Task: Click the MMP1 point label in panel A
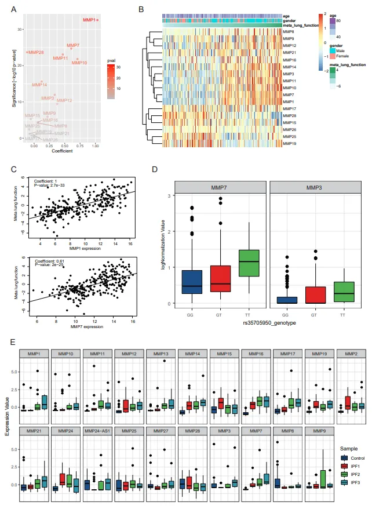89,20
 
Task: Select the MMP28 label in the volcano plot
36,53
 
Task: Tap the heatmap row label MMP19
290,143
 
